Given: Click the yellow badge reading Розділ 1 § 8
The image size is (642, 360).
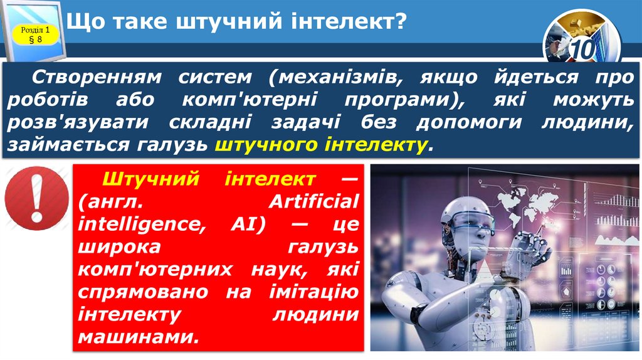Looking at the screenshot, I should pyautogui.click(x=35, y=34).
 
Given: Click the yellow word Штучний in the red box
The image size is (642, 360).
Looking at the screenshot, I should pyautogui.click(x=149, y=179).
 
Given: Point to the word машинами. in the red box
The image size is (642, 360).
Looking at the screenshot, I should pyautogui.click(x=139, y=336).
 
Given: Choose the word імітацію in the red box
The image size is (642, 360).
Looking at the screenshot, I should pyautogui.click(x=310, y=292).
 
